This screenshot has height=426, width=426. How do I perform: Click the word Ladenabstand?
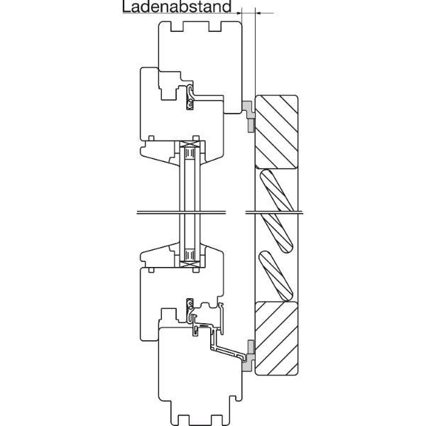pos(177,6)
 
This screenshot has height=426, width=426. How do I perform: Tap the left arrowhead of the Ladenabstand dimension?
pos(239,13)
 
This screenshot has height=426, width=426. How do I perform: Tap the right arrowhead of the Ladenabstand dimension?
pos(258,13)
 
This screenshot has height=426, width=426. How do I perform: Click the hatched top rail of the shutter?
pos(277,132)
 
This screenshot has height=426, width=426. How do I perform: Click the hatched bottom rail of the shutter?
pos(277,338)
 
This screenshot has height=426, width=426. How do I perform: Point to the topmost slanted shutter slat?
pos(277,191)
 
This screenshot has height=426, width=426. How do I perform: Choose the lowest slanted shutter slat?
pos(276,276)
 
